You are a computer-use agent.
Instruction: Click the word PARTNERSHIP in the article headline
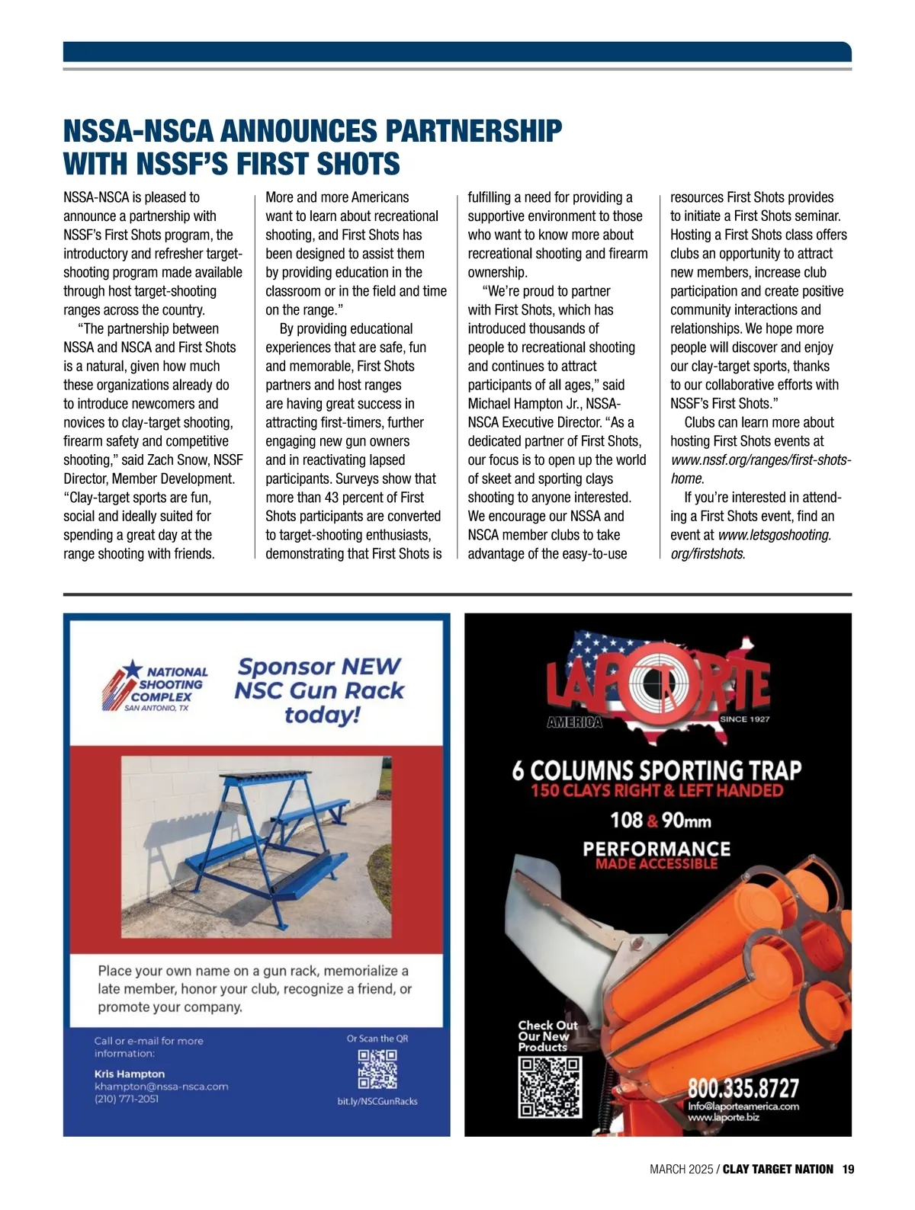pos(474,131)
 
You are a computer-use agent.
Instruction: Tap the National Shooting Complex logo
pos(156,685)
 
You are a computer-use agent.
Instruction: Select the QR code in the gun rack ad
pos(377,1069)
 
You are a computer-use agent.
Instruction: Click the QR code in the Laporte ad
pos(550,1090)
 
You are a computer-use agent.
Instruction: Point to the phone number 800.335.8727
pos(743,1087)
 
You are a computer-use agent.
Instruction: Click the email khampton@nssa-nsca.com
pos(161,1087)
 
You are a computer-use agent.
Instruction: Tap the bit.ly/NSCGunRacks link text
pos(377,1101)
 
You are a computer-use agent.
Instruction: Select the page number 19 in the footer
pos(849,1169)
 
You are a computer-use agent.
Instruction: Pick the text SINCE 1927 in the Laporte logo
pos(744,719)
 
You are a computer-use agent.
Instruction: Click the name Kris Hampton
pos(130,1074)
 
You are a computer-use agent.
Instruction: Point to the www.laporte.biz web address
pos(724,1117)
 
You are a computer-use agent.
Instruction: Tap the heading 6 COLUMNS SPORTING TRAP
pos(657,770)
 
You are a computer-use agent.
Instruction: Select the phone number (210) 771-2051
pos(127,1099)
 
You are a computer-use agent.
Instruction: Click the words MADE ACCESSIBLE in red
pos(657,864)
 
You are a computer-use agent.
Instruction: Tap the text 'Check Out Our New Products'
pos(547,1036)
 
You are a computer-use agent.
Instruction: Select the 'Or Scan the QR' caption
pos(377,1039)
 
